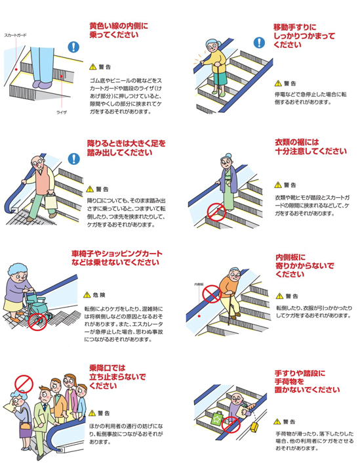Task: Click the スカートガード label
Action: pos(15,35)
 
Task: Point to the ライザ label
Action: pos(62,112)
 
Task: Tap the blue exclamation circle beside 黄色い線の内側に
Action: pos(73,47)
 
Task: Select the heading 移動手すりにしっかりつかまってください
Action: pos(304,35)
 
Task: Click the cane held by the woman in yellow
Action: pos(217,81)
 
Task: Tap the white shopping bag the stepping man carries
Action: pos(50,202)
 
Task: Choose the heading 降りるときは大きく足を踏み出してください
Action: pos(127,148)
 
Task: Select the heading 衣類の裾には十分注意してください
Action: pos(311,147)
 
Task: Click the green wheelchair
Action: pos(36,307)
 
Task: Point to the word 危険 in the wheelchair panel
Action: pos(100,295)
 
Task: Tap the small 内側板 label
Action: pos(199,284)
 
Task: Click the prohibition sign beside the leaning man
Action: pos(211,294)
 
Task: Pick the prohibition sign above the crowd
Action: pos(24,384)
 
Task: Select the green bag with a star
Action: pos(217,419)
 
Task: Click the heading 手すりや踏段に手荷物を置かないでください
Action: pos(307,382)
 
